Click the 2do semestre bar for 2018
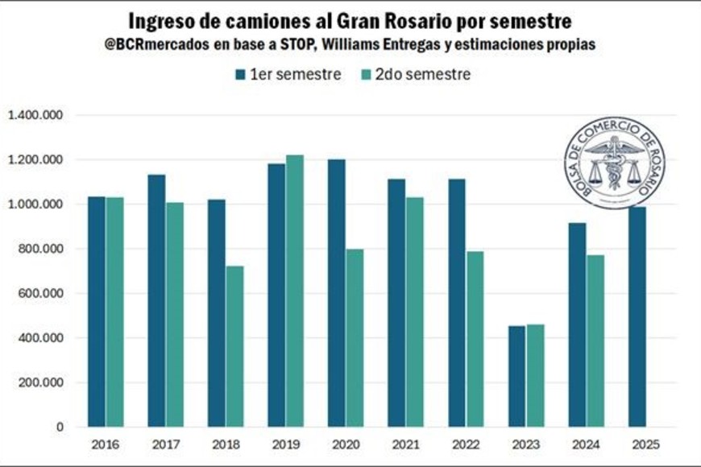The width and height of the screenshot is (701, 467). (234, 346)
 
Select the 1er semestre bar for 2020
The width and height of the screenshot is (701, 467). (337, 293)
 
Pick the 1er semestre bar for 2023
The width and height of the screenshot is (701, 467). (516, 376)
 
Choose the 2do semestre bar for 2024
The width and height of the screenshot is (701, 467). (595, 341)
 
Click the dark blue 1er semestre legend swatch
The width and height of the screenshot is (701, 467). (240, 75)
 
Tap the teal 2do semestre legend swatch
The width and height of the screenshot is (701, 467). (364, 75)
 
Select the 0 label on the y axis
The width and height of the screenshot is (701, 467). (60, 428)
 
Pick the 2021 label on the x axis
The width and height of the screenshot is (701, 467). (405, 444)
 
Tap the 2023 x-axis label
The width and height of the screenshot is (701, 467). (525, 444)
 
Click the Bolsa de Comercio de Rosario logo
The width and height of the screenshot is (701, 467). (608, 163)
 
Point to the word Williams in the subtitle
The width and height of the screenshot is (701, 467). (346, 46)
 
